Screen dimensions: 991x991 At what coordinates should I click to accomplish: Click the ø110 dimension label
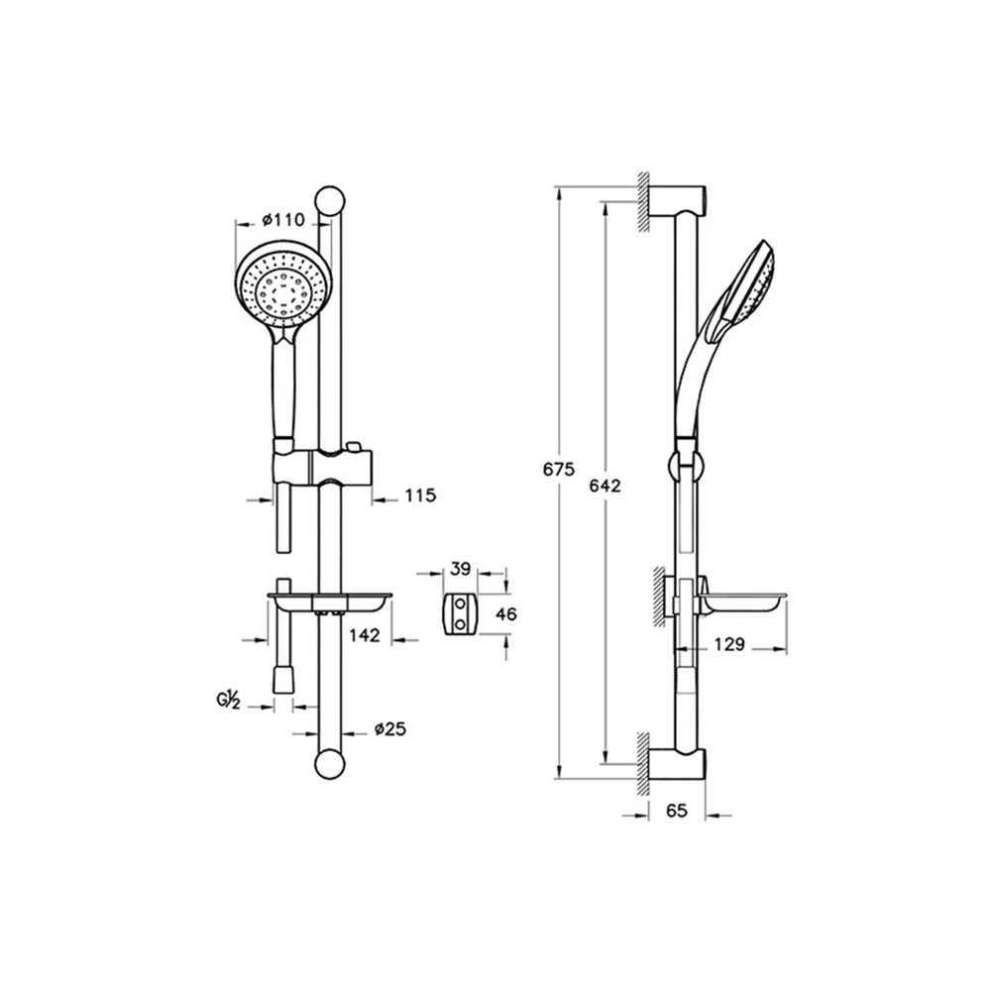283,220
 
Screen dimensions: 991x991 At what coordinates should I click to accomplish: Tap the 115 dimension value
420,495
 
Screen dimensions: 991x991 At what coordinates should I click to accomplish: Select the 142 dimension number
365,634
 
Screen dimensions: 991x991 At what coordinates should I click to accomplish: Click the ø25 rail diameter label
389,729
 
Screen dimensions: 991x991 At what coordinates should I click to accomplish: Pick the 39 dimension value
461,569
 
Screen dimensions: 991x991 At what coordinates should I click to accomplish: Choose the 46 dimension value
506,613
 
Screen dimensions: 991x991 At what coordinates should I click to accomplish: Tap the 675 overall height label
559,470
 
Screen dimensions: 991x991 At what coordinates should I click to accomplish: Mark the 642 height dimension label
605,486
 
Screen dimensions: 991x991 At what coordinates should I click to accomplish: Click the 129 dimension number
730,645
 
